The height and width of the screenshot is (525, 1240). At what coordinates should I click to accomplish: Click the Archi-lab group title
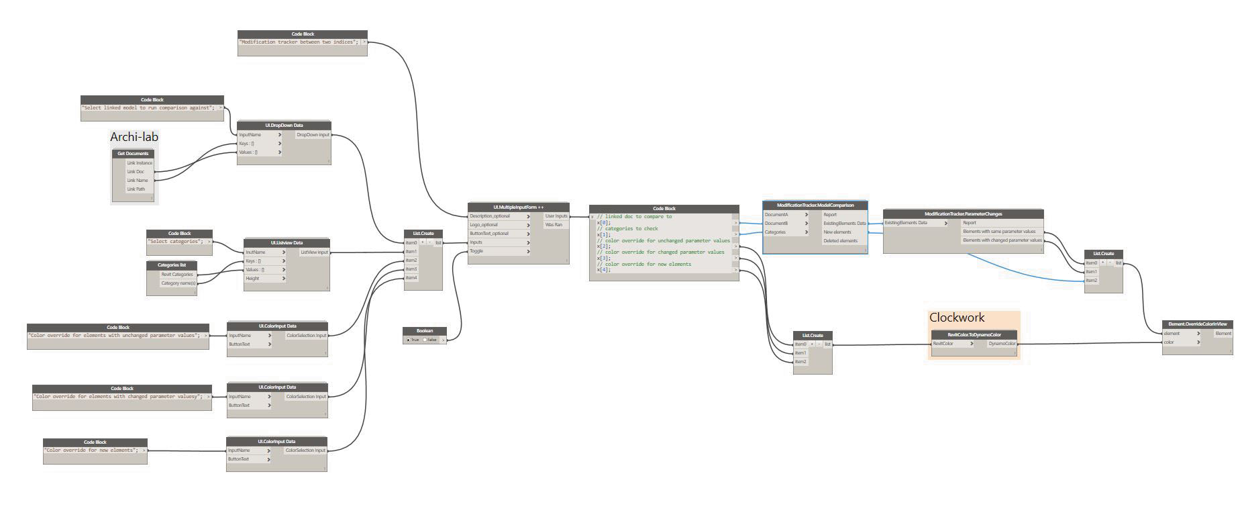[134, 137]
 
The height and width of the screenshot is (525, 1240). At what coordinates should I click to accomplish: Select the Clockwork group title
[956, 318]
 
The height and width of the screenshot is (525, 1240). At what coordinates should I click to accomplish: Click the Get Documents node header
[133, 154]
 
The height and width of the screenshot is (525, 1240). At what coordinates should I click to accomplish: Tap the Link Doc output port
[136, 172]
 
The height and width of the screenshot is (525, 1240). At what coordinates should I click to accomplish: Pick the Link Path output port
[136, 189]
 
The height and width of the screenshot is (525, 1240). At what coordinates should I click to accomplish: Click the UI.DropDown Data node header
[284, 126]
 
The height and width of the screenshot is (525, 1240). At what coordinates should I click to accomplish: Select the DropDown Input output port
[313, 135]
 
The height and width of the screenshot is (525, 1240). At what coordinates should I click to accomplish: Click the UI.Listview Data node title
[287, 243]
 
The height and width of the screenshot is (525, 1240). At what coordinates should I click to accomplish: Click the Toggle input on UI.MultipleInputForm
[499, 251]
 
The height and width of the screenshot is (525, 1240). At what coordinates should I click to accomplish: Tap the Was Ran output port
[554, 225]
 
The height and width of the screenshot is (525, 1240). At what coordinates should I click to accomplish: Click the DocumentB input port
[786, 224]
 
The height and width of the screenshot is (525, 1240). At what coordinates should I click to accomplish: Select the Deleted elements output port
[840, 241]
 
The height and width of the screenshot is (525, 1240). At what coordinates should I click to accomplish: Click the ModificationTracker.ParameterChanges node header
[963, 214]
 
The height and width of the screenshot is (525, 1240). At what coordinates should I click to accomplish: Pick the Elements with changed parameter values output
[1002, 240]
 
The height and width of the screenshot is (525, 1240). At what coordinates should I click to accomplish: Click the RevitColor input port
[952, 344]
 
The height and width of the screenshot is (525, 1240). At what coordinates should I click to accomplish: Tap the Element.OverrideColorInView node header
[1197, 324]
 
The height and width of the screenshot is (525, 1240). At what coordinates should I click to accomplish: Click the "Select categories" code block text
[175, 242]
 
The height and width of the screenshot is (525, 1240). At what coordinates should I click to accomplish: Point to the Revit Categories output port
[178, 275]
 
